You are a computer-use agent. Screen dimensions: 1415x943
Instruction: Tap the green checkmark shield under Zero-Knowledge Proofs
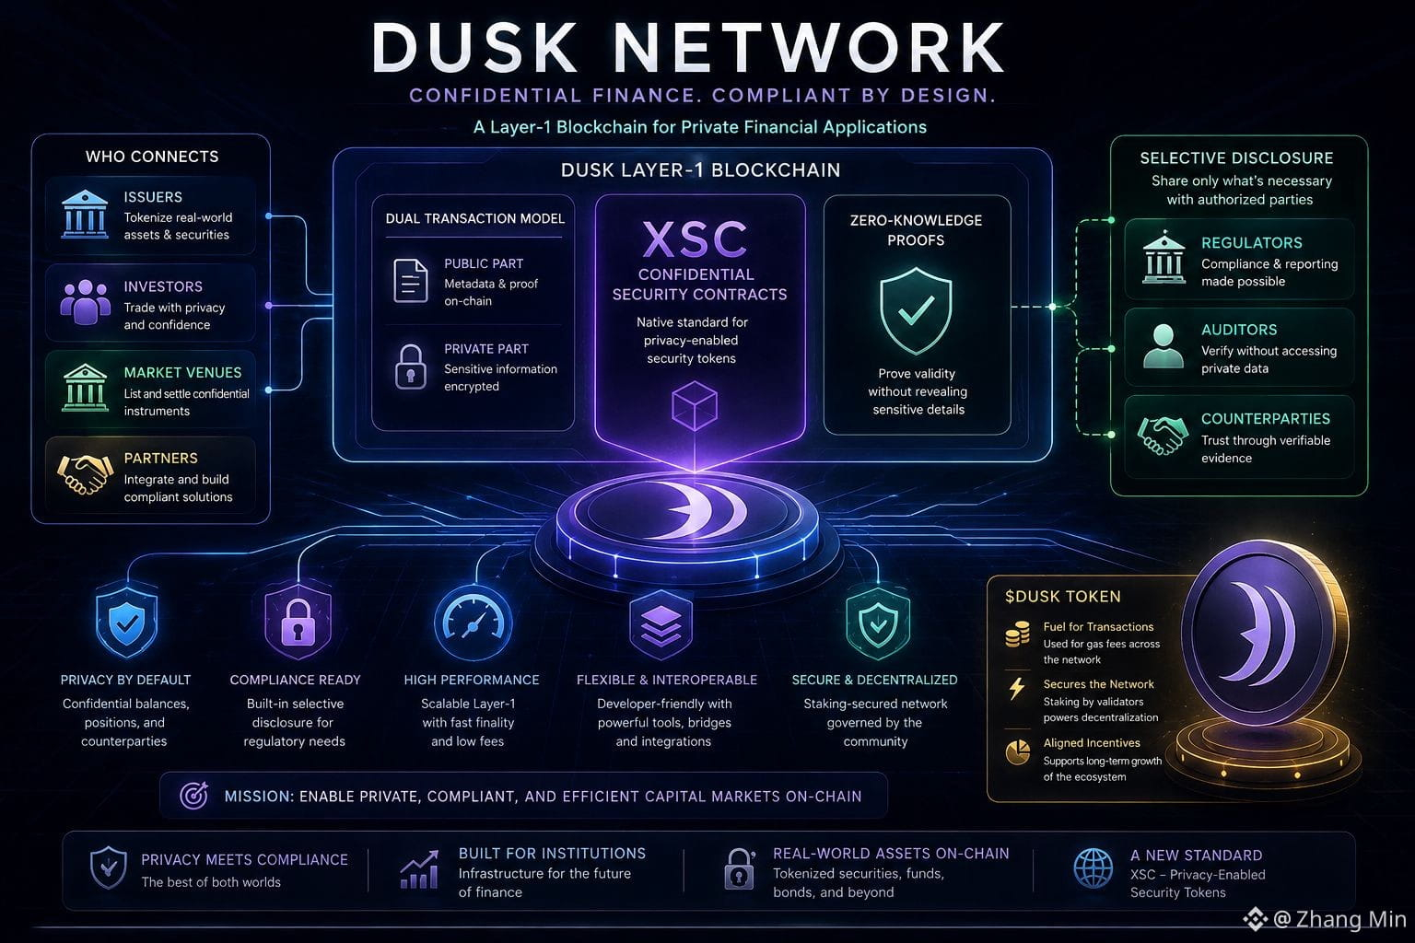916,310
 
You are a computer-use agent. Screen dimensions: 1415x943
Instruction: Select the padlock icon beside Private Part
411,367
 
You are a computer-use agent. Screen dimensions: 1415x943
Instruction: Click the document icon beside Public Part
411,281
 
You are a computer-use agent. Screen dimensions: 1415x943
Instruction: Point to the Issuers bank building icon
85,215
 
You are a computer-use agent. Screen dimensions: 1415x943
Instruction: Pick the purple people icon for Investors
85,302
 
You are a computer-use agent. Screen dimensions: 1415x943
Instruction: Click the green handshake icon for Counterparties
1163,436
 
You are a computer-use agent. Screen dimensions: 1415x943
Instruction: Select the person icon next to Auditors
1163,345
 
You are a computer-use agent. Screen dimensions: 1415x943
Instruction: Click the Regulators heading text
1251,242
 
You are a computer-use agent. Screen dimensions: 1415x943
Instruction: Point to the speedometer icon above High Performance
474,623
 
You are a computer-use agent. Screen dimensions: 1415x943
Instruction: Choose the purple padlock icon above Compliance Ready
298,622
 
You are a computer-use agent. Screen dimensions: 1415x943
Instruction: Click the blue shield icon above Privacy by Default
127,622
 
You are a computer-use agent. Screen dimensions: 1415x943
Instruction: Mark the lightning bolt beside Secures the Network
1017,688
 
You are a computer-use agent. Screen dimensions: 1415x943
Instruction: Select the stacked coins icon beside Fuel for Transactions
1017,634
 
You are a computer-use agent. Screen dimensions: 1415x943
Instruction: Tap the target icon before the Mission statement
193,796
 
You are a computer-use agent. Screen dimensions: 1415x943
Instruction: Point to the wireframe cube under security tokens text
695,406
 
